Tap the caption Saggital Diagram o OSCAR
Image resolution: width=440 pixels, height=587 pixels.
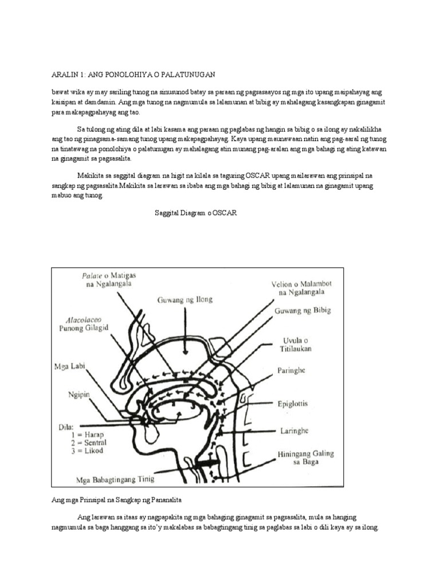pyautogui.click(x=195, y=213)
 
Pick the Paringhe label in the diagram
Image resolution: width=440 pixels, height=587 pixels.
pyautogui.click(x=290, y=370)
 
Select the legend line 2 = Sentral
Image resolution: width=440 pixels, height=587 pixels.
pyautogui.click(x=88, y=443)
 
